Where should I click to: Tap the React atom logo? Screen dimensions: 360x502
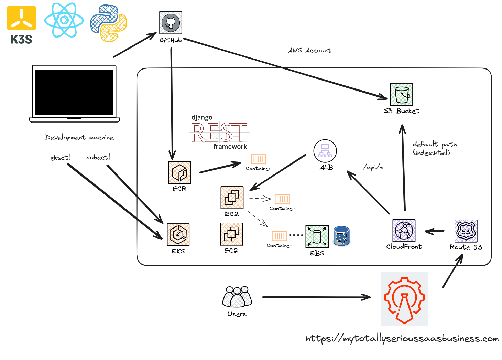tap(64, 20)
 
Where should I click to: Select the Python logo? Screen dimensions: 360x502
tap(108, 23)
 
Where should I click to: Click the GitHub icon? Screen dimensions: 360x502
tap(171, 23)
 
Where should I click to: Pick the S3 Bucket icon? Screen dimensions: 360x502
tap(401, 94)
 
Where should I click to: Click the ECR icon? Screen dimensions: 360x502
tap(179, 173)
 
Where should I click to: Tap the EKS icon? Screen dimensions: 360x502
tap(178, 235)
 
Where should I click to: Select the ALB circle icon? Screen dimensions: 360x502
tap(325, 151)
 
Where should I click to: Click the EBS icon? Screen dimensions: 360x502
tap(317, 237)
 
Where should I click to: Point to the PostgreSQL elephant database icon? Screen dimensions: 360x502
tap(341, 236)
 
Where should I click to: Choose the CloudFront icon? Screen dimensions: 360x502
tap(404, 231)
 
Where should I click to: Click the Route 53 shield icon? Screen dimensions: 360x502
tap(466, 231)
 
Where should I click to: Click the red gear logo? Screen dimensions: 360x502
tap(404, 299)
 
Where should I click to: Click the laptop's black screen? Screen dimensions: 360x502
tap(74, 92)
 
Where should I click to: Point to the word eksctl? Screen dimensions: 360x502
tap(60, 158)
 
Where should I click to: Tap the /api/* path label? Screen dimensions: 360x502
tap(373, 167)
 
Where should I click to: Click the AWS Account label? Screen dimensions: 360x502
tap(310, 50)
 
